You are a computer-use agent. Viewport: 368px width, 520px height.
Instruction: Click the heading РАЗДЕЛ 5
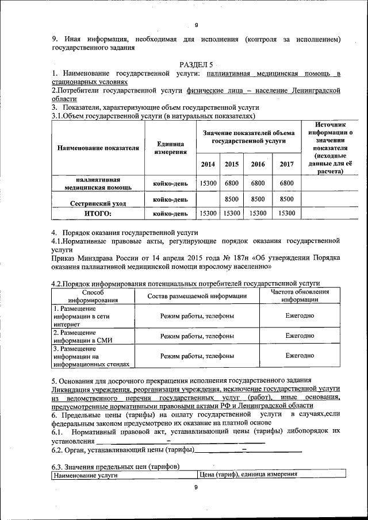[x=195, y=65]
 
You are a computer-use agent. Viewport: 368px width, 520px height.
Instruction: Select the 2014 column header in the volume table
[x=208, y=164]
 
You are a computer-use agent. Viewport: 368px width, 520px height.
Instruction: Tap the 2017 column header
[x=286, y=164]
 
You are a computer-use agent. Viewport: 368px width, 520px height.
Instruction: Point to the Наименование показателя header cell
[x=98, y=148]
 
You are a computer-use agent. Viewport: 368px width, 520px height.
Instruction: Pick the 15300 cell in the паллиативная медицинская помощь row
[x=208, y=183]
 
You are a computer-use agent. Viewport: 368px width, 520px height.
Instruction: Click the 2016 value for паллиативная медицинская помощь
[x=258, y=183]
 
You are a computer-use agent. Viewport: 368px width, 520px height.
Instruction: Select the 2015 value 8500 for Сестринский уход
[x=232, y=199]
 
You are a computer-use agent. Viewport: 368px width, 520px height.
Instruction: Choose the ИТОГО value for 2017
[x=286, y=213]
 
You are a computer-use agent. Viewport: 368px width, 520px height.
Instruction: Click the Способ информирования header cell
[x=93, y=295]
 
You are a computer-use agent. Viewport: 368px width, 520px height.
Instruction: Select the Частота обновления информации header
[x=300, y=295]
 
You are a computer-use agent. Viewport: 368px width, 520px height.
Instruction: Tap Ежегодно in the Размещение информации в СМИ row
[x=300, y=336]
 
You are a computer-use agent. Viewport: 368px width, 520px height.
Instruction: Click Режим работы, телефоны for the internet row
[x=197, y=316]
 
